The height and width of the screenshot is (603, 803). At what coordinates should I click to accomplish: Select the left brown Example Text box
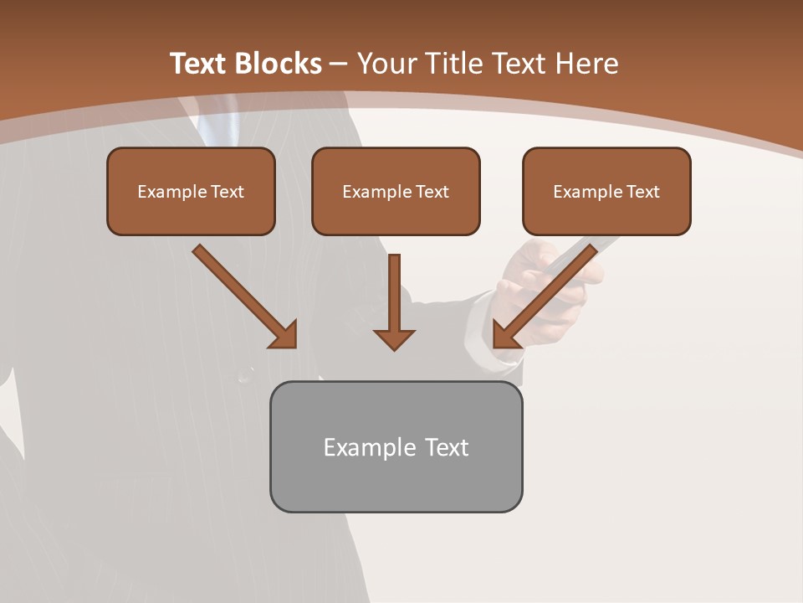click(x=191, y=191)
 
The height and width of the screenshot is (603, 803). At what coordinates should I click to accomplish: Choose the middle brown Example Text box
click(x=396, y=191)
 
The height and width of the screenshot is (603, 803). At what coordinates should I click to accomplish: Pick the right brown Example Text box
click(x=606, y=191)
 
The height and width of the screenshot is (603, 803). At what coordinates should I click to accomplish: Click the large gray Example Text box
click(x=396, y=446)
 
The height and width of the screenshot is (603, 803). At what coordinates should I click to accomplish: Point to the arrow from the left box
click(x=243, y=295)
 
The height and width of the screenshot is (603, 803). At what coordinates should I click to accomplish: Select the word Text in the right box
click(x=643, y=192)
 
